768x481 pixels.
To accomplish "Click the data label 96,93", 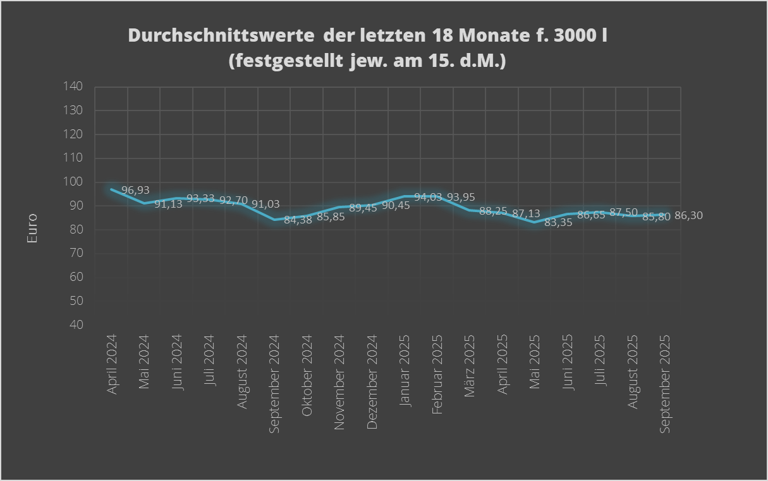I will (x=136, y=190).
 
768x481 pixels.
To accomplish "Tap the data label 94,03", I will (x=428, y=198).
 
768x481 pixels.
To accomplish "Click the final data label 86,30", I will (x=688, y=215).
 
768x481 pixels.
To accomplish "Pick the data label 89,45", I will (x=363, y=208).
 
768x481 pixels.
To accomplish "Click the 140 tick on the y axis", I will (x=74, y=86).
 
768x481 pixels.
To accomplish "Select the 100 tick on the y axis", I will (x=74, y=182).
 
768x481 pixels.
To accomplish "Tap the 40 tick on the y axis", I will (x=76, y=325).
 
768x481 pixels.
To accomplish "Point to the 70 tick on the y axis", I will (x=76, y=253).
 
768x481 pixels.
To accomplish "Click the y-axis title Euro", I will (x=32, y=229).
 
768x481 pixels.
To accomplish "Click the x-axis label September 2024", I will (x=275, y=383).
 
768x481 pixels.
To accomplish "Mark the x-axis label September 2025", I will (x=665, y=383).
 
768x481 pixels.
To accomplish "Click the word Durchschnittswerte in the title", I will (x=222, y=35).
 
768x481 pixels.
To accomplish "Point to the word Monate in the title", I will (x=497, y=35).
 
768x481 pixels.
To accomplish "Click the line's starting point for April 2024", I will (x=112, y=189).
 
